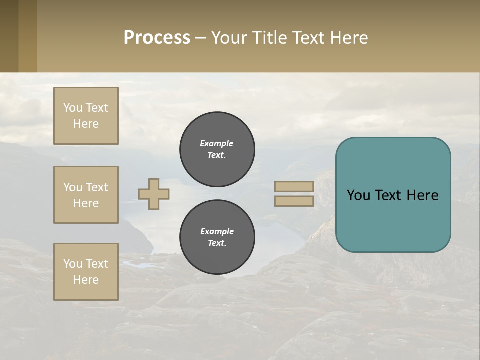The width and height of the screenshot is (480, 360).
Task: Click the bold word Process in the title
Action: coord(157,37)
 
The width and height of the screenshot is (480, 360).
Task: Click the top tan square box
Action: coord(86,116)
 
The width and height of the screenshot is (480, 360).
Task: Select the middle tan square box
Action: coord(86,195)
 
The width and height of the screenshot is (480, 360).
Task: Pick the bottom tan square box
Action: coord(86,272)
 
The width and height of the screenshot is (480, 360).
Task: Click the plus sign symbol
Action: coord(154,194)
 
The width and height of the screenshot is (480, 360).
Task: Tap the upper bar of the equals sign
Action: coord(294,186)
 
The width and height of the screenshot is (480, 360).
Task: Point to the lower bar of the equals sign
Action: coord(294,201)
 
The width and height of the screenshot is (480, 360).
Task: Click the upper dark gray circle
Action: coord(217,149)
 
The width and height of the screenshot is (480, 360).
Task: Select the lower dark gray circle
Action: coord(217,237)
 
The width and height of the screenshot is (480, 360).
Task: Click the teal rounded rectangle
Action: coord(393,195)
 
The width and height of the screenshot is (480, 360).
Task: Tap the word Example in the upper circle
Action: coord(217,143)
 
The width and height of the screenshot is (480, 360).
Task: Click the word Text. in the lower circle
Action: coord(217,243)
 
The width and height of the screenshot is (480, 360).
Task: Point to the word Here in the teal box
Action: coord(422,195)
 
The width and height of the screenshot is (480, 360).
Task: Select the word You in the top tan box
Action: coord(72,108)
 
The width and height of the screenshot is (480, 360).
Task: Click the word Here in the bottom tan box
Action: coord(86,280)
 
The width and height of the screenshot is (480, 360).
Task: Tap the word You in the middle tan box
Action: coord(72,187)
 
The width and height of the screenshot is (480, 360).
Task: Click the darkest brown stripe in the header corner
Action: coord(9,36)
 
